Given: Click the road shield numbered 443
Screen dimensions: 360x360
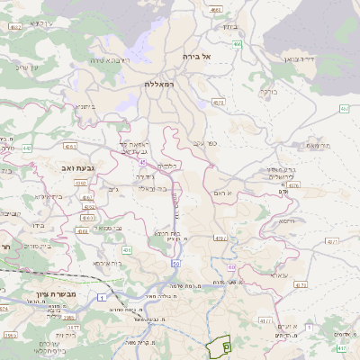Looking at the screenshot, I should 27,148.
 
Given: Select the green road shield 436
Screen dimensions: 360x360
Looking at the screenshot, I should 127,249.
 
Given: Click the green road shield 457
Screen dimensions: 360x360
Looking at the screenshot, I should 345,109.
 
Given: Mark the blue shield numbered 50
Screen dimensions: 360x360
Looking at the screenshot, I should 176,263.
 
